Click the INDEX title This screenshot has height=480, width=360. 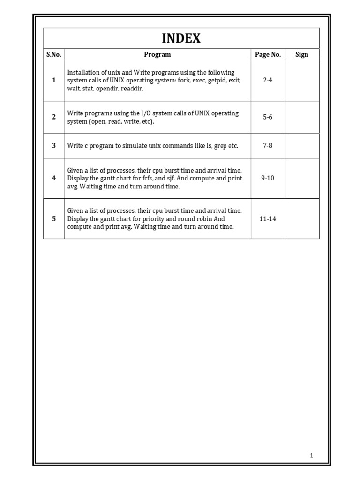181,38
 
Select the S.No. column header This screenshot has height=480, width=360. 53,54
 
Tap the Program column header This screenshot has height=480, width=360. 157,54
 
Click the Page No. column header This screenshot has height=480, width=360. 268,54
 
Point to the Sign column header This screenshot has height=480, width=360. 302,54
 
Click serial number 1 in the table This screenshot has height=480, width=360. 54,80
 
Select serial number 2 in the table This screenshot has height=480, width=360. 54,117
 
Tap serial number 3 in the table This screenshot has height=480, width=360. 54,146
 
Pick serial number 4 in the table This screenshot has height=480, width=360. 54,178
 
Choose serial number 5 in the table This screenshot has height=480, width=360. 54,218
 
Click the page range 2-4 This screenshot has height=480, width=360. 268,80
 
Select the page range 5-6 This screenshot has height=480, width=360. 268,117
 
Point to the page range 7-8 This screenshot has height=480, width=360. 268,146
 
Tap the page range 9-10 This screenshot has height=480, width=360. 268,178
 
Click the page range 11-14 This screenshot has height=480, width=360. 268,218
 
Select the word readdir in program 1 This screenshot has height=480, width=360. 133,88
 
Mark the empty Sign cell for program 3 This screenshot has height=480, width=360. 302,146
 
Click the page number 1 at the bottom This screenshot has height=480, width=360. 312,455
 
